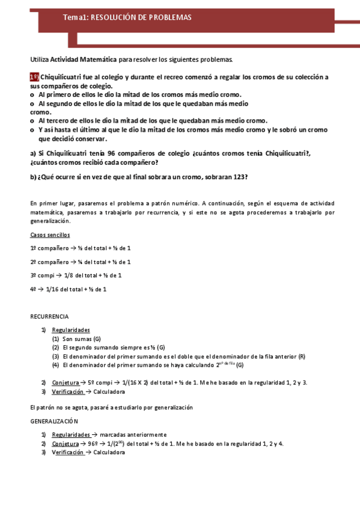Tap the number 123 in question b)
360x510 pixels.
coord(239,177)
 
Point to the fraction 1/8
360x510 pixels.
coord(69,275)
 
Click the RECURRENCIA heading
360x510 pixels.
coord(49,316)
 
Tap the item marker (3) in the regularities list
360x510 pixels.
coord(55,356)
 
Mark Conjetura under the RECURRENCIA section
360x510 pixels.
coord(66,382)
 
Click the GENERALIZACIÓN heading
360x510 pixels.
coord(54,422)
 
